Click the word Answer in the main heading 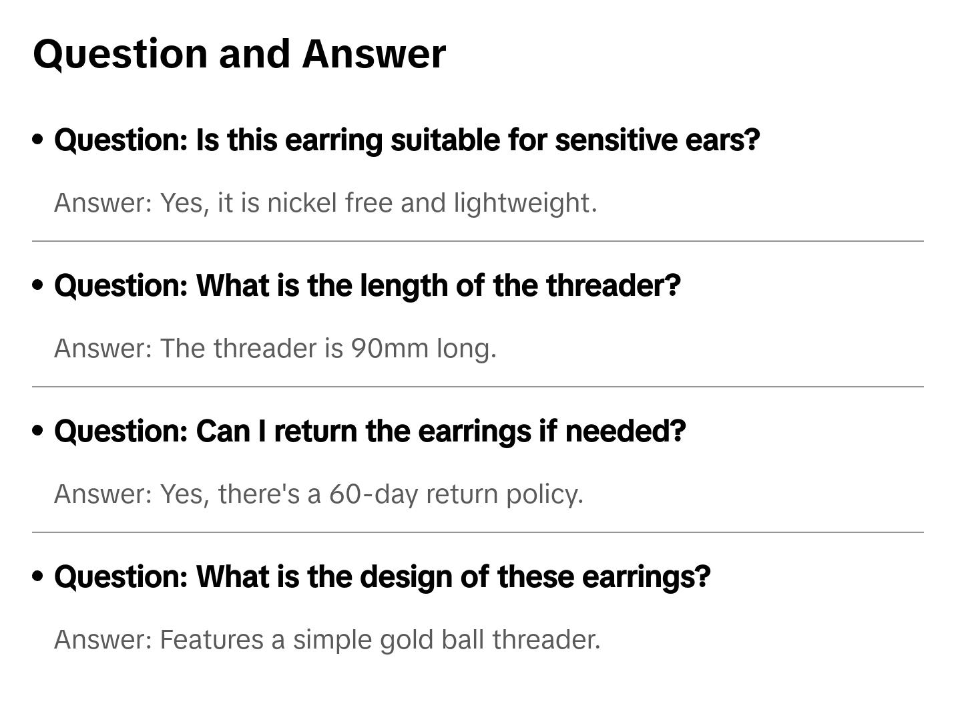(373, 53)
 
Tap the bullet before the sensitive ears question (38, 140)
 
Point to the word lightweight (525, 203)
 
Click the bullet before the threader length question (38, 285)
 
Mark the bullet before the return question (38, 431)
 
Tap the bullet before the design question (38, 576)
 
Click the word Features (212, 640)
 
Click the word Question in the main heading (120, 53)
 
